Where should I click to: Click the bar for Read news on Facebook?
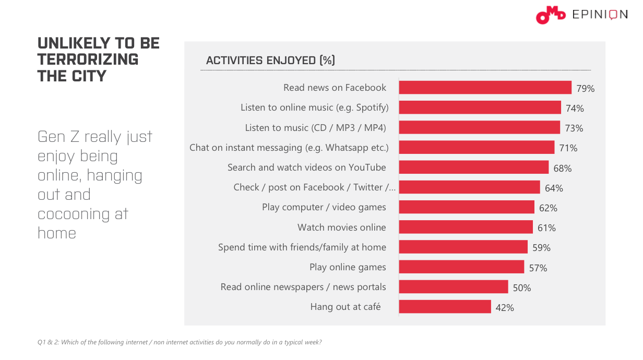click(x=485, y=88)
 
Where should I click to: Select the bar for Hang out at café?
click(x=445, y=307)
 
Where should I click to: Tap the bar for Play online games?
click(x=461, y=267)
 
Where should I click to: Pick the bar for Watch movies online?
click(x=466, y=227)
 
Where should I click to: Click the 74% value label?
click(x=575, y=109)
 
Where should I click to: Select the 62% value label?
click(x=548, y=208)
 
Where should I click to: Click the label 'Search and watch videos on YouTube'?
click(x=306, y=167)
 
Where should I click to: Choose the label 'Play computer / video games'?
click(x=324, y=207)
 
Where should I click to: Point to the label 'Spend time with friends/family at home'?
click(x=302, y=247)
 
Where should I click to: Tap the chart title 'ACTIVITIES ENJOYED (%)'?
click(x=270, y=61)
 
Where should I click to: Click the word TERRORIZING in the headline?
click(x=88, y=59)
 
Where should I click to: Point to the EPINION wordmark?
click(x=600, y=15)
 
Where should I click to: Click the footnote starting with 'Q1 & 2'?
click(x=180, y=342)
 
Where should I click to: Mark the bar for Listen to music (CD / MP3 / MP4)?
click(x=479, y=128)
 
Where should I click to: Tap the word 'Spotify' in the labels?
click(x=371, y=108)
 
